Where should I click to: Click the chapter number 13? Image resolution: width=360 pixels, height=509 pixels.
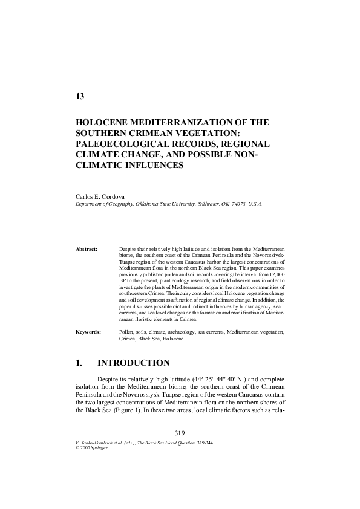[x=79, y=97]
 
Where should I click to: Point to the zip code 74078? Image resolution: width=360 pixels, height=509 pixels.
[x=234, y=204]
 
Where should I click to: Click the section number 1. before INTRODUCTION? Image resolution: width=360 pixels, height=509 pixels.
[x=79, y=363]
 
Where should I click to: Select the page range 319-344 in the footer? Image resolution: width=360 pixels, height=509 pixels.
[x=203, y=443]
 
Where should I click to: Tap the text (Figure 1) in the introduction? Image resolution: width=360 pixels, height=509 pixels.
[x=138, y=409]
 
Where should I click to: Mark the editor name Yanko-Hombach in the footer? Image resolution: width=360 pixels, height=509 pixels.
[x=97, y=443]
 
